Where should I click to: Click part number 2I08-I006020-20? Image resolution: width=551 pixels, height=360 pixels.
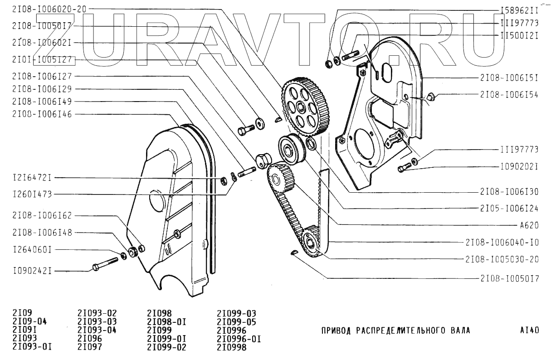(x=49, y=9)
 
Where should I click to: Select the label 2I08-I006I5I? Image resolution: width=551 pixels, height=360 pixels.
(x=509, y=78)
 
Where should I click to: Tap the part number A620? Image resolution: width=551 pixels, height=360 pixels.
(x=530, y=225)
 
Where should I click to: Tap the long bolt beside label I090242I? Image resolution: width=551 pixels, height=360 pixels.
(x=105, y=263)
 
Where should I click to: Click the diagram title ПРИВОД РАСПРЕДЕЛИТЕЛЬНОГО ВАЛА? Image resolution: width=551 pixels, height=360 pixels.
(x=395, y=331)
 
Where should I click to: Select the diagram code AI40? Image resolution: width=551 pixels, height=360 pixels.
(x=529, y=331)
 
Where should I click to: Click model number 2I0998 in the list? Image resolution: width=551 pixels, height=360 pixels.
(x=232, y=347)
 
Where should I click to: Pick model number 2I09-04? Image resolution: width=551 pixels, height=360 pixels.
(x=29, y=322)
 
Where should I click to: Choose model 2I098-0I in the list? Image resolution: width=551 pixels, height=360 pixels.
(x=167, y=322)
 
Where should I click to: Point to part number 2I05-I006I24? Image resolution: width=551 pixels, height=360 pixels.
(x=509, y=208)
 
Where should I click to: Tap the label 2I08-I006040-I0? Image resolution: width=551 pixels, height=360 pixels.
(x=502, y=243)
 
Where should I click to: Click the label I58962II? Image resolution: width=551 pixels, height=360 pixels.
(x=519, y=10)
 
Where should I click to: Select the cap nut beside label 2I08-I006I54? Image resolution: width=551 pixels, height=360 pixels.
(x=431, y=96)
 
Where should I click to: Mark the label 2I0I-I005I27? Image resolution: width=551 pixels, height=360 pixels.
(x=42, y=59)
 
